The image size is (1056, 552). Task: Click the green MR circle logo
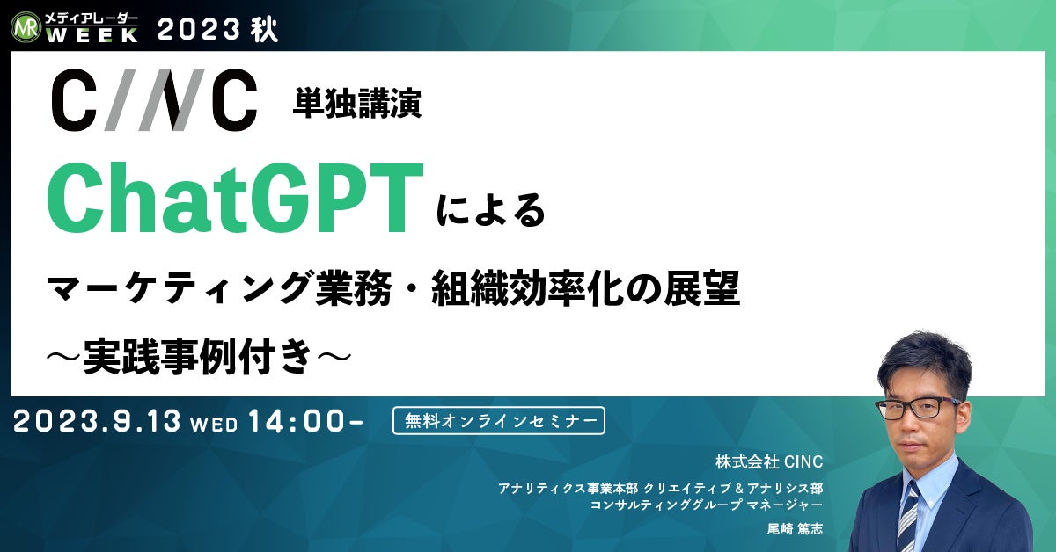tap(26, 27)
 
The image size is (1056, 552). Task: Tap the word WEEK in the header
tap(92, 35)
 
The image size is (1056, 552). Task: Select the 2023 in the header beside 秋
tap(197, 30)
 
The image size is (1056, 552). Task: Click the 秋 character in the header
tap(264, 30)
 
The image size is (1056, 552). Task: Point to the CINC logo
tap(154, 100)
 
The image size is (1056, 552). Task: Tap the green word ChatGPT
tap(235, 198)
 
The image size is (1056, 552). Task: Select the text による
tap(491, 211)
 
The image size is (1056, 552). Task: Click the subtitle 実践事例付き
tap(197, 358)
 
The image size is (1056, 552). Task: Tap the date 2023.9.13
tap(97, 421)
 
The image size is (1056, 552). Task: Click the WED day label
tap(214, 425)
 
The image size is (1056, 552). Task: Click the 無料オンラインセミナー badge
tap(499, 421)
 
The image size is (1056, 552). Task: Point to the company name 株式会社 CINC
tap(769, 462)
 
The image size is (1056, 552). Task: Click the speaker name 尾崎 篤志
tap(795, 529)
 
